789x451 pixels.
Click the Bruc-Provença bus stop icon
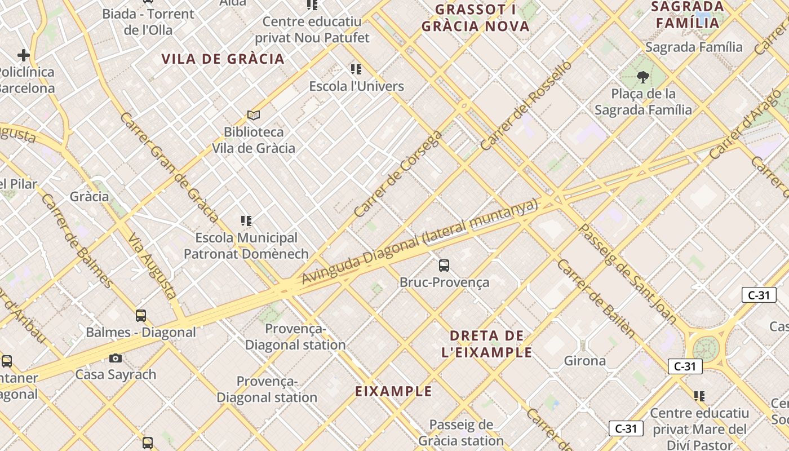click(444, 265)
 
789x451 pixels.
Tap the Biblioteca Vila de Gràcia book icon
click(254, 116)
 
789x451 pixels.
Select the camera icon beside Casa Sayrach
click(116, 359)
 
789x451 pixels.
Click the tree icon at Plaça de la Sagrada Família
click(642, 77)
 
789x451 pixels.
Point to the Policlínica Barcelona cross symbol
click(23, 55)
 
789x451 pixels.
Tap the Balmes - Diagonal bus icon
click(141, 316)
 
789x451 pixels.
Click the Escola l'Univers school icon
click(356, 69)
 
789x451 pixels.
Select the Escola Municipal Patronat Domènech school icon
click(246, 220)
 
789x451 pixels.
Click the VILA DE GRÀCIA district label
click(223, 59)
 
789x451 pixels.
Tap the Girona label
click(585, 361)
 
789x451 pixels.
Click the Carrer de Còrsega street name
click(398, 175)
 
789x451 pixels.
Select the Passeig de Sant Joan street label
click(628, 273)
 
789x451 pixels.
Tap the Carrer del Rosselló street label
click(525, 105)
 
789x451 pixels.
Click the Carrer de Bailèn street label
click(596, 299)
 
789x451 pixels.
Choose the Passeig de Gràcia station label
click(461, 432)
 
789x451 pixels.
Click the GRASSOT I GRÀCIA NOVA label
click(476, 18)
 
